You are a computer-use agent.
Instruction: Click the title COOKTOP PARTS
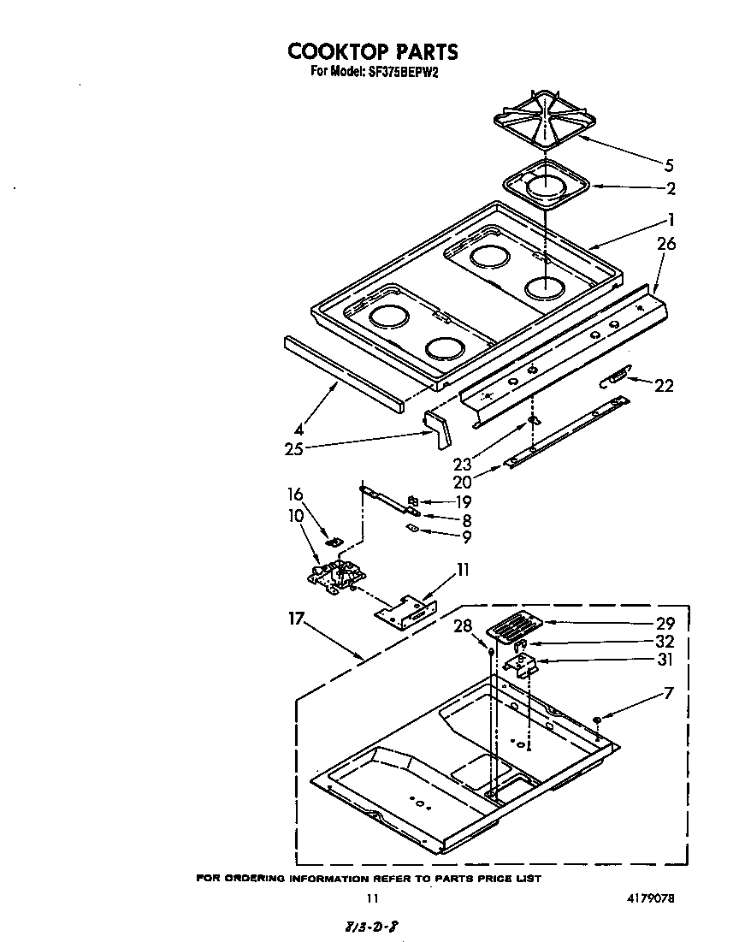372,52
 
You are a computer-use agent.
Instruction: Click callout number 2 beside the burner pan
671,189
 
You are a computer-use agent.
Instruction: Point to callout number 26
666,244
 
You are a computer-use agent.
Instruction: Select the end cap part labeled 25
437,427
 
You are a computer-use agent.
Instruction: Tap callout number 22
664,386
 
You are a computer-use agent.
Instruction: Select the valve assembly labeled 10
334,574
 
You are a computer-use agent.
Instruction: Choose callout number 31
664,660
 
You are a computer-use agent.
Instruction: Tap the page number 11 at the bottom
371,899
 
